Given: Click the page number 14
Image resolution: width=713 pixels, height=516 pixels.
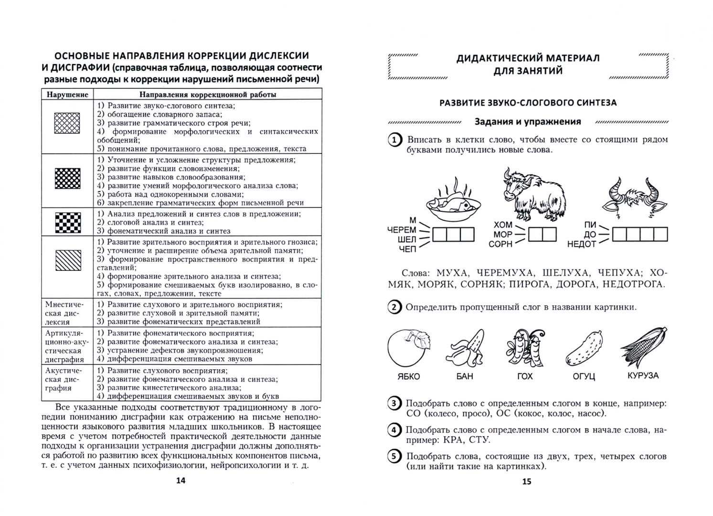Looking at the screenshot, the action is pyautogui.click(x=181, y=480).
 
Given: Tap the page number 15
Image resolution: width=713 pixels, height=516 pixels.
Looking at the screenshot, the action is pyautogui.click(x=527, y=481).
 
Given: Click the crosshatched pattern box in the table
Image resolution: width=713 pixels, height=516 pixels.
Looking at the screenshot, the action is pyautogui.click(x=67, y=123).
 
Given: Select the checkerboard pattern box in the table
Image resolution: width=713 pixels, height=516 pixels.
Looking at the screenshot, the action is pyautogui.click(x=68, y=223).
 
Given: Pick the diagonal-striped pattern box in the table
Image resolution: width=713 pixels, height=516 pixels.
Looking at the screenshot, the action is pyautogui.click(x=68, y=260).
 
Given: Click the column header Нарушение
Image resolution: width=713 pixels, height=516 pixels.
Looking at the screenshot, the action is pyautogui.click(x=67, y=95).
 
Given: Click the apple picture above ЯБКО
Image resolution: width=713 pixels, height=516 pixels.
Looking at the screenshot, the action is pyautogui.click(x=409, y=348).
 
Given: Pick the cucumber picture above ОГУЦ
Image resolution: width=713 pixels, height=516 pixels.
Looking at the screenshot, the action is pyautogui.click(x=584, y=348).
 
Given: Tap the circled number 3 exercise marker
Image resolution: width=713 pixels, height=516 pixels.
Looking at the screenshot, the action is pyautogui.click(x=394, y=404).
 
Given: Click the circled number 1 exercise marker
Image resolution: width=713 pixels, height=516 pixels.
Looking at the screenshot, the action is pyautogui.click(x=394, y=140).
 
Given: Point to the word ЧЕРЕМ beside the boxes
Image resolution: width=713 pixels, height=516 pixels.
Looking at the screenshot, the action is pyautogui.click(x=402, y=230).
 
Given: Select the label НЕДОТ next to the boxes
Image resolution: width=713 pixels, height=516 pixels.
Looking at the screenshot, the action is pyautogui.click(x=582, y=244).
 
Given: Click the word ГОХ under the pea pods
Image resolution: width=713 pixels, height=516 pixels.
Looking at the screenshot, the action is pyautogui.click(x=525, y=376).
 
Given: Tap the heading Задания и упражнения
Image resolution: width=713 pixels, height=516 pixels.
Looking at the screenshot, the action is pyautogui.click(x=528, y=122).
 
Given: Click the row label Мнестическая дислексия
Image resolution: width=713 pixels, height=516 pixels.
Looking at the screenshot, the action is pyautogui.click(x=64, y=313).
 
